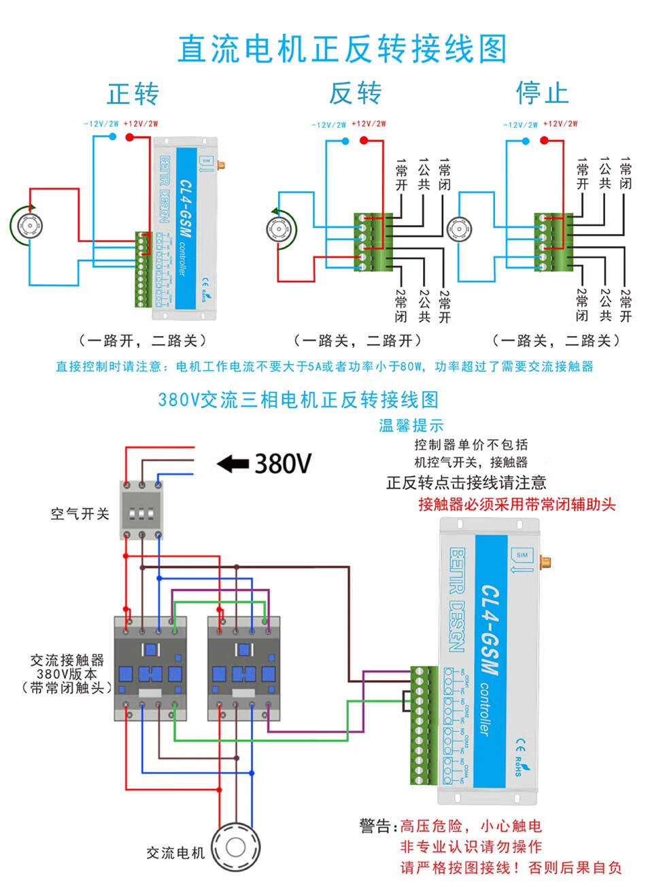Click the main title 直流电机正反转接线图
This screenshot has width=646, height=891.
click(342, 50)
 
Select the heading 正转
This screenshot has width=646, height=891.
click(133, 93)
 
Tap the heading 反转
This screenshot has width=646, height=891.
click(356, 93)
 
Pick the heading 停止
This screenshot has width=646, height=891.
click(542, 93)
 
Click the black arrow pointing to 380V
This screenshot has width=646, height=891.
click(232, 465)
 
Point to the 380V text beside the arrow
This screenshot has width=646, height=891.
click(283, 464)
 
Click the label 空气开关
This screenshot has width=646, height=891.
click(80, 514)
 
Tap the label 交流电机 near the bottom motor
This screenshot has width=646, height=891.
click(175, 853)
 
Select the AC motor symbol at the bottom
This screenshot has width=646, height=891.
click(235, 847)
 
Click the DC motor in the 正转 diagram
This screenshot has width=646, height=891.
click(29, 225)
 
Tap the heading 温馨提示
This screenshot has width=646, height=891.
click(411, 426)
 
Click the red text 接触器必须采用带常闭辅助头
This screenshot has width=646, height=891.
click(517, 505)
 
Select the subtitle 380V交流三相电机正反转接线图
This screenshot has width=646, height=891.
click(298, 399)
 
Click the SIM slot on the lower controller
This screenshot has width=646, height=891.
click(522, 556)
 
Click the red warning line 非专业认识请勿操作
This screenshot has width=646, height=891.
click(471, 847)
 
